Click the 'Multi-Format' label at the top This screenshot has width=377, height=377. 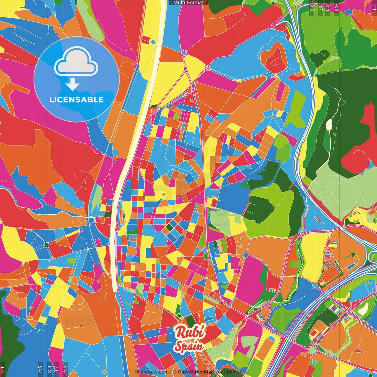(x=188, y=3)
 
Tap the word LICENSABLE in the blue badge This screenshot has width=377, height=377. (x=76, y=100)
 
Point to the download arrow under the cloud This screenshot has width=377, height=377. (x=72, y=85)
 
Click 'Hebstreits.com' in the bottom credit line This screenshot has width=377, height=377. (x=151, y=372)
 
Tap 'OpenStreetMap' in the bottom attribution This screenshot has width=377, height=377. (x=196, y=372)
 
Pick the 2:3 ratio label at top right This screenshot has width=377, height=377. (x=312, y=7)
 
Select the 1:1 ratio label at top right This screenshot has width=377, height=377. (x=374, y=7)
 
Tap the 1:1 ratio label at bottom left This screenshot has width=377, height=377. (x=2, y=369)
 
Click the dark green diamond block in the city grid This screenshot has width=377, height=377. (x=169, y=227)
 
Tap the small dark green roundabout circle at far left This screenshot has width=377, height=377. (x=46, y=245)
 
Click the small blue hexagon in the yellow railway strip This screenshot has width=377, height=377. (x=153, y=42)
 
